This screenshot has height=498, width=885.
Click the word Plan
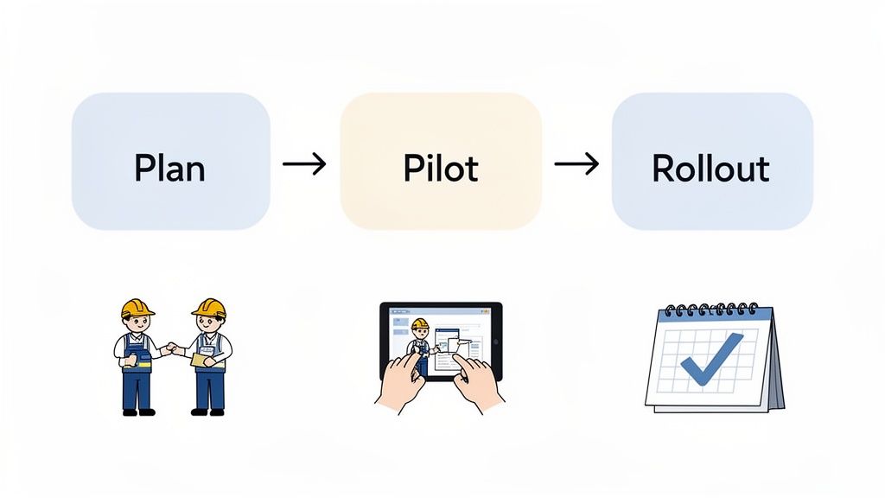pos(169,167)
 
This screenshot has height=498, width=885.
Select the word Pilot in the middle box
pos(440,167)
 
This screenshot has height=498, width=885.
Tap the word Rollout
pos(710,167)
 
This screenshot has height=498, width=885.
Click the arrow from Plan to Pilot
pos(304,163)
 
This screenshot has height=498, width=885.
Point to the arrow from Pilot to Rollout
pos(576,163)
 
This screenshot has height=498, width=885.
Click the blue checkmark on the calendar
pos(710,358)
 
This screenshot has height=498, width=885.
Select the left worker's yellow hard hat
pos(137,308)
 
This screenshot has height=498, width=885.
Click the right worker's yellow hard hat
pos(209,308)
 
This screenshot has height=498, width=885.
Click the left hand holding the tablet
pos(400,380)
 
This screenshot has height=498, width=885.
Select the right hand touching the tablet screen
pos(474,380)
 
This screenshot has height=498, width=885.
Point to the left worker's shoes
pos(138,412)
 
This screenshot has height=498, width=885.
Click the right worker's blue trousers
pos(209,389)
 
